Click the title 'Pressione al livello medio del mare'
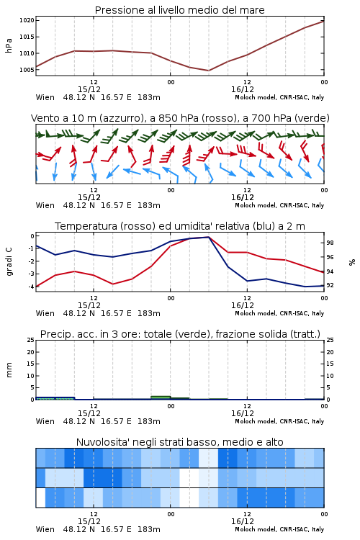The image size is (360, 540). pyautogui.click(x=179, y=10)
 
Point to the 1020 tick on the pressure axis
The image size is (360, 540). pyautogui.click(x=27, y=20)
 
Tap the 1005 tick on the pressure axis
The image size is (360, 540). pyautogui.click(x=27, y=70)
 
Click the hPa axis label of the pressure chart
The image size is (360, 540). pyautogui.click(x=9, y=45)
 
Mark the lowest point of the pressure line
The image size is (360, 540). pyautogui.click(x=208, y=71)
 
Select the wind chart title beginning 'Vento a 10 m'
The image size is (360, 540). pyautogui.click(x=180, y=118)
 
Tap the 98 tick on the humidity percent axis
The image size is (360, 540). pyautogui.click(x=330, y=243)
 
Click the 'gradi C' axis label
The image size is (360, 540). pyautogui.click(x=9, y=262)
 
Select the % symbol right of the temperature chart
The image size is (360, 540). pyautogui.click(x=352, y=262)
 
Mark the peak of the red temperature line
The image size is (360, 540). pyautogui.click(x=208, y=237)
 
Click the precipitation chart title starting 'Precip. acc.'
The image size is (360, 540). pyautogui.click(x=180, y=334)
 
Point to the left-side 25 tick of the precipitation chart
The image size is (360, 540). pyautogui.click(x=31, y=340)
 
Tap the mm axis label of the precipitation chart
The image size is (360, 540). pyautogui.click(x=9, y=370)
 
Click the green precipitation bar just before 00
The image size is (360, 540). pyautogui.click(x=161, y=397)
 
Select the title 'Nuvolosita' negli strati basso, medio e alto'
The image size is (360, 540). pyautogui.click(x=179, y=442)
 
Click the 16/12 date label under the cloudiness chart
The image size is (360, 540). pyautogui.click(x=243, y=521)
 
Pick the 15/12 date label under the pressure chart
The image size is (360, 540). pyautogui.click(x=89, y=89)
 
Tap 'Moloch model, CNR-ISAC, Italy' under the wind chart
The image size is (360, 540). pyautogui.click(x=279, y=205)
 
